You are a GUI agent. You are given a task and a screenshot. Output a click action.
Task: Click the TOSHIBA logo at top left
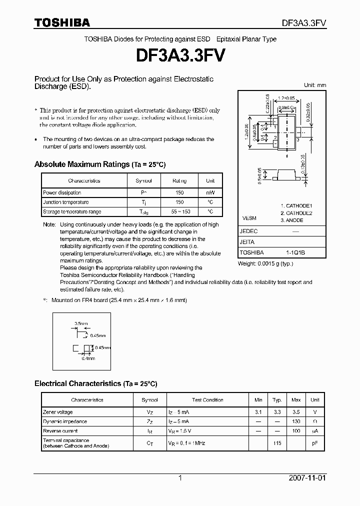62,22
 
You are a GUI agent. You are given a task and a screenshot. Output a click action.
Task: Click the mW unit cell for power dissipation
210,192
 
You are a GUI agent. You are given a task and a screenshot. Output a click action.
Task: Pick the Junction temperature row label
65,202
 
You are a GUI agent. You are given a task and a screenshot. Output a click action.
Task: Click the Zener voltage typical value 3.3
276,412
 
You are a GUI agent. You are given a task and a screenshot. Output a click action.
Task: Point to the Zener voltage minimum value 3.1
258,412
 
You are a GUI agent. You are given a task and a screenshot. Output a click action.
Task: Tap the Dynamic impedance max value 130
296,421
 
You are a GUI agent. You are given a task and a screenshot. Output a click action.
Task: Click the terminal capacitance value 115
276,443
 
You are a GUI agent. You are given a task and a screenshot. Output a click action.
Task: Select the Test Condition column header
207,400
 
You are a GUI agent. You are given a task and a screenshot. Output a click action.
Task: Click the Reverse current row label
60,431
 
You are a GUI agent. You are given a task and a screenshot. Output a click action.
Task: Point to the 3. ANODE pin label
291,220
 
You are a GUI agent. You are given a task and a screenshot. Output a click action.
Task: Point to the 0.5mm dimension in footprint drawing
80,323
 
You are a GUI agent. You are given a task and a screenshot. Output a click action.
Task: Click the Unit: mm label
315,85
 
